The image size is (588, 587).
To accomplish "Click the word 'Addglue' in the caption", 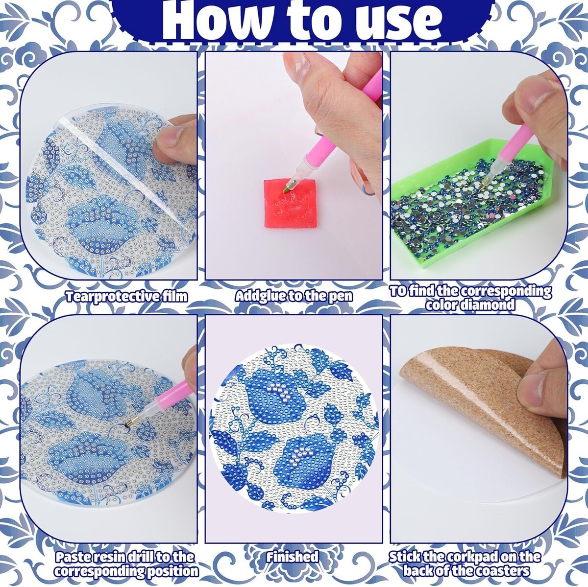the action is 260,296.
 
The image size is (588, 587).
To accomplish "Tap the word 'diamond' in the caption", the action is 489,305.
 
